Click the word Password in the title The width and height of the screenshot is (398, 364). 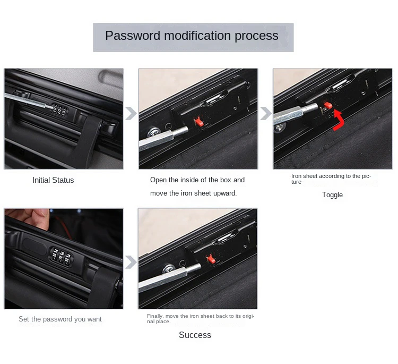[133, 36]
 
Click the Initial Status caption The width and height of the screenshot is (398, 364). [53, 180]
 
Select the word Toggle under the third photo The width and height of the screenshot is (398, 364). [332, 195]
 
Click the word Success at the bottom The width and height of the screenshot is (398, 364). [195, 335]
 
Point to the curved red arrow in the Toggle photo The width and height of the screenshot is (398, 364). [339, 120]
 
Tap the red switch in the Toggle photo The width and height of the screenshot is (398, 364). [328, 105]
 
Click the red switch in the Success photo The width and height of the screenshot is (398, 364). [211, 259]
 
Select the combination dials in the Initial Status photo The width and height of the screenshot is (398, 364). [59, 111]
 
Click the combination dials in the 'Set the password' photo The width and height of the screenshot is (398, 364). [61, 257]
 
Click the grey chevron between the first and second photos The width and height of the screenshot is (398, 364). [131, 113]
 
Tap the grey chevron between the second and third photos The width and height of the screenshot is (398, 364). [265, 113]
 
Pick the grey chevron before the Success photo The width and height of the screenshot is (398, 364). [131, 262]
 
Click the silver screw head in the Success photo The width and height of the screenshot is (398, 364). [168, 269]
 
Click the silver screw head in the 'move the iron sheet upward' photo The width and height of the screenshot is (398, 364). [154, 132]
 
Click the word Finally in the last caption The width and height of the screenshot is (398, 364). [155, 316]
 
